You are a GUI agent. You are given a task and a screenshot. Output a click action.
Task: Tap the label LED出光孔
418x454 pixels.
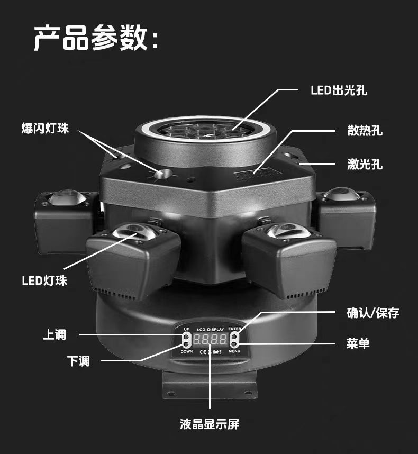339,90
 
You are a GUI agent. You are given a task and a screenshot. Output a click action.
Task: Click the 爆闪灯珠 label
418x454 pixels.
45,129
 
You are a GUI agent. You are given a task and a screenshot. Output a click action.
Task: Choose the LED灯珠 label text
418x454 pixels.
44,280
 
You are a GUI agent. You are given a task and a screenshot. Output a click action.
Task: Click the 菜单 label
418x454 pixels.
358,344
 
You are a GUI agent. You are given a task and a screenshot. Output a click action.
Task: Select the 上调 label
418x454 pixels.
54,334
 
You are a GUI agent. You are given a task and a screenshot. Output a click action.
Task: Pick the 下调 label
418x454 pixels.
78,361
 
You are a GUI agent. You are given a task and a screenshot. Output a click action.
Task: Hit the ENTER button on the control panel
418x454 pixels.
233,337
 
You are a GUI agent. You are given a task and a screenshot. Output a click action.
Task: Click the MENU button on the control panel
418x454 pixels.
233,344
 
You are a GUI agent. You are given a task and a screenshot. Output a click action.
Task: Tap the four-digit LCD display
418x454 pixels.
210,339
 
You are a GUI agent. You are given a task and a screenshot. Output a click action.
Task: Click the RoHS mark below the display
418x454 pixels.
217,350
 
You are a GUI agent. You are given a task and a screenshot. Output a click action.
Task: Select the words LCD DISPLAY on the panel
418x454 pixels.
210,329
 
